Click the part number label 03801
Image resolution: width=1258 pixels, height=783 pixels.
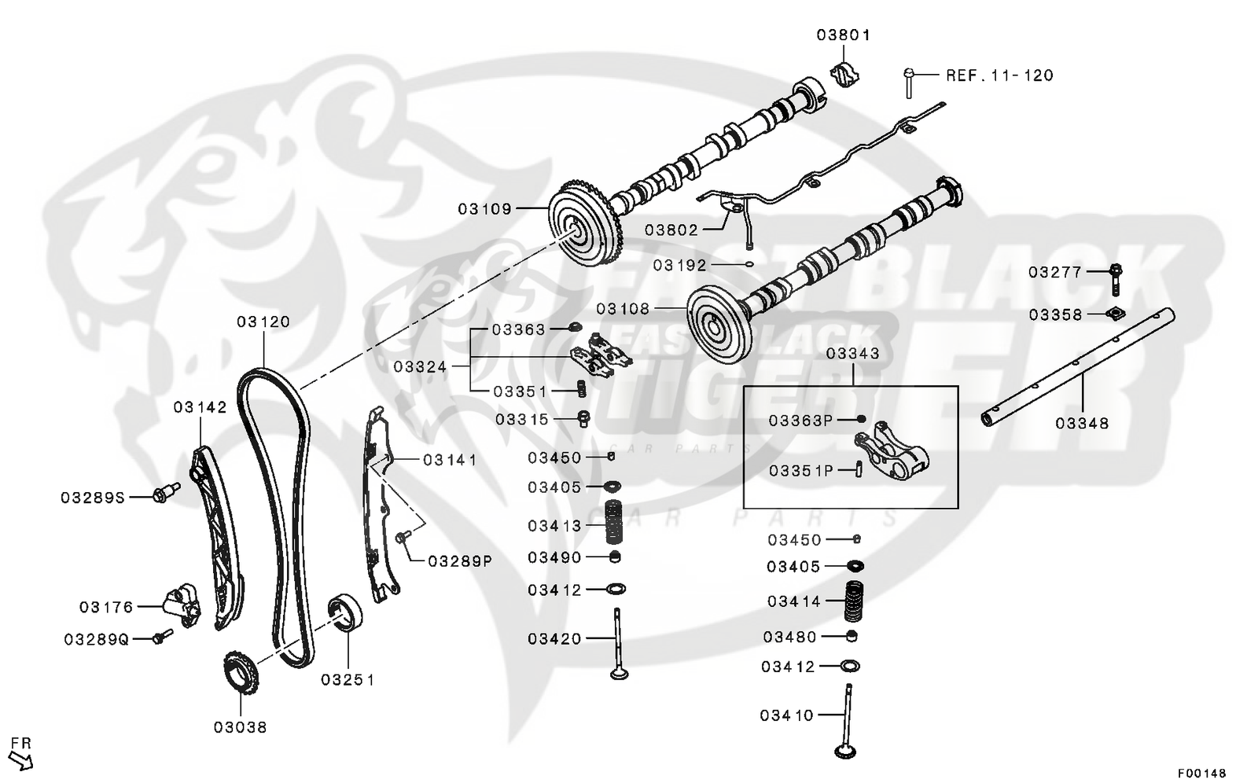pos(843,35)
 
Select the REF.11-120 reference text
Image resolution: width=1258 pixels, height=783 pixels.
pos(999,75)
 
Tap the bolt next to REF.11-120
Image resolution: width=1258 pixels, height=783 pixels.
pos(908,83)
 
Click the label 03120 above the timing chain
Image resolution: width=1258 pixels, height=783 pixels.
pos(263,322)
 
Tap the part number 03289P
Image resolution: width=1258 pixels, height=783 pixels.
pos(460,561)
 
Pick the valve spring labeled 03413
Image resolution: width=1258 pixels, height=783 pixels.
pos(613,523)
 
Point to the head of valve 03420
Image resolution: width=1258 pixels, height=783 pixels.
pos(618,674)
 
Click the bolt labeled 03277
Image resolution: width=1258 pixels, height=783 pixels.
pos(1116,273)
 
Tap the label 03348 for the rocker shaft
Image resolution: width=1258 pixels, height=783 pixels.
pos(1081,423)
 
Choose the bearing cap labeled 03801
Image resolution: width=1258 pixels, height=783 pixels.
pos(846,73)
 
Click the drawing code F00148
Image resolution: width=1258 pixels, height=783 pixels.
pos(1201,773)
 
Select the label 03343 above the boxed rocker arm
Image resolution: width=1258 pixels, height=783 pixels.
pos(852,354)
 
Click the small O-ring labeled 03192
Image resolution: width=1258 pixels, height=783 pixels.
pos(750,265)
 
